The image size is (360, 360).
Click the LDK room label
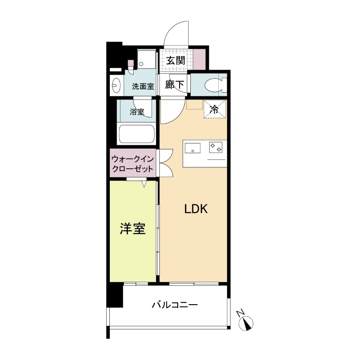coord(195,209)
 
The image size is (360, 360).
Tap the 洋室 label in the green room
coord(132,229)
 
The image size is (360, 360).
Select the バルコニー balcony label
coord(175,305)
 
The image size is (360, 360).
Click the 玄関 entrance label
coord(175,60)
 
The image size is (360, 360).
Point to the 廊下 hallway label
coord(175,85)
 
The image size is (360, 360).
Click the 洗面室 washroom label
coord(143,86)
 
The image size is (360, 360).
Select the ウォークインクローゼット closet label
coord(133,165)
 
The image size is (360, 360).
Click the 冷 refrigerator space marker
coord(214,108)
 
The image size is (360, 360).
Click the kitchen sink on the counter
coord(193,147)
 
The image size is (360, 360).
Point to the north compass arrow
coord(247,323)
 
